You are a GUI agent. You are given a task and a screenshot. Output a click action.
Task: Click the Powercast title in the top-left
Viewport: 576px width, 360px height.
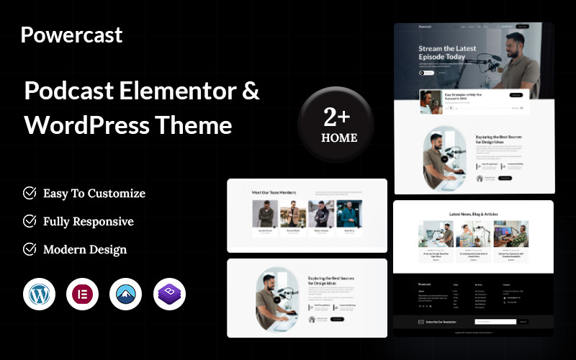point(71,35)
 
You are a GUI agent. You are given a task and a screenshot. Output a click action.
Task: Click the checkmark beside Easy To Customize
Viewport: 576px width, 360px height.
point(30,193)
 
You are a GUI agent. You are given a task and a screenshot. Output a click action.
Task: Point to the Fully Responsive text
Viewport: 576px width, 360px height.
point(88,221)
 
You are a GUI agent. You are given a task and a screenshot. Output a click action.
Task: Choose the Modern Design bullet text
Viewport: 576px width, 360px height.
point(84,249)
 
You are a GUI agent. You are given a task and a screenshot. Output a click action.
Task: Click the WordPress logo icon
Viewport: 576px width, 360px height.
point(39,294)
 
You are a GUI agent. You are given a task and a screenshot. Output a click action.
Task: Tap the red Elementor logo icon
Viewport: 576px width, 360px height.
point(82,294)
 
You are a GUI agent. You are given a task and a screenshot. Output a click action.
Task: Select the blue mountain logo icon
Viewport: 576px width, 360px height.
point(126,294)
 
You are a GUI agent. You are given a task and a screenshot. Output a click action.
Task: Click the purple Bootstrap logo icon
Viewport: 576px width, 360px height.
point(169,294)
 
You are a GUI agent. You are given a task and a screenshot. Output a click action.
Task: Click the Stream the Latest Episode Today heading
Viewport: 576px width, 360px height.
point(447,53)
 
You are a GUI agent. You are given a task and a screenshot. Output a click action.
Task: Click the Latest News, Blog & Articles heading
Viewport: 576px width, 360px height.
point(473,214)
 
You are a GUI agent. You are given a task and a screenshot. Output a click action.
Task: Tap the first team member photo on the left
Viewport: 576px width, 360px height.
point(264,214)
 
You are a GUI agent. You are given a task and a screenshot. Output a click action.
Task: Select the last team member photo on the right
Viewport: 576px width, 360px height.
point(349,214)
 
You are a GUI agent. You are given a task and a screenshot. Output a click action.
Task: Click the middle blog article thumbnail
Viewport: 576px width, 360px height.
point(474,234)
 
